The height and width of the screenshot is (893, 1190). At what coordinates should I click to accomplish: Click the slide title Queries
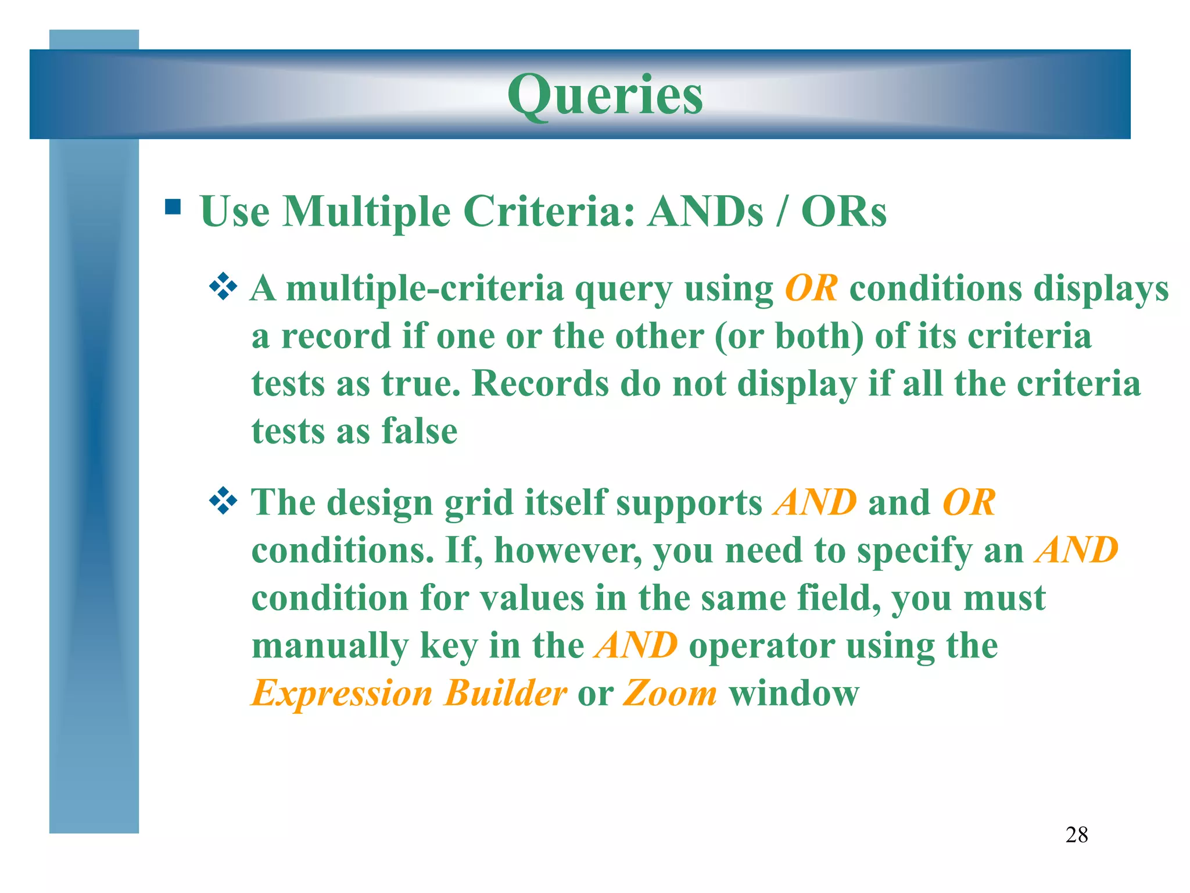pyautogui.click(x=605, y=95)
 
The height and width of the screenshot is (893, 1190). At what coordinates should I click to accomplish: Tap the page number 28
pyautogui.click(x=1076, y=835)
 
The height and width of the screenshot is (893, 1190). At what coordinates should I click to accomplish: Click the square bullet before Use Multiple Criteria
pyautogui.click(x=173, y=207)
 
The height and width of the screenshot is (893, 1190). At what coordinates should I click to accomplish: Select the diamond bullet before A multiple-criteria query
pyautogui.click(x=223, y=287)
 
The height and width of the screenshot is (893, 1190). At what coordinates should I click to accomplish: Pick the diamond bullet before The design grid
pyautogui.click(x=223, y=501)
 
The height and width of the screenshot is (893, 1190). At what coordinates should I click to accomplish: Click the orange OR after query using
pyautogui.click(x=811, y=288)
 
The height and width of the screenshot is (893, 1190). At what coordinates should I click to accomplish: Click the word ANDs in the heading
pyautogui.click(x=705, y=211)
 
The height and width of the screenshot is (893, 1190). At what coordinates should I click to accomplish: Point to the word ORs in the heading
pyautogui.click(x=844, y=211)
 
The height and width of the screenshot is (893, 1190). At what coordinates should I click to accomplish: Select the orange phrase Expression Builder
pyautogui.click(x=408, y=694)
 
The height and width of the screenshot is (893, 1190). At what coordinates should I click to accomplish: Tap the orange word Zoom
pyautogui.click(x=670, y=694)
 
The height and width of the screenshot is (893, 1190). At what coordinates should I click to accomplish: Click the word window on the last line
pyautogui.click(x=794, y=694)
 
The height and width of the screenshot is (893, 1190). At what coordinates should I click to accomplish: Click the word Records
pyautogui.click(x=540, y=384)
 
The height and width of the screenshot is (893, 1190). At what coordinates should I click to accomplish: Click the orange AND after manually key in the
pyautogui.click(x=636, y=645)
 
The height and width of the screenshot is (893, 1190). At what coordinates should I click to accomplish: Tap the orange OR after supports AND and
pyautogui.click(x=969, y=502)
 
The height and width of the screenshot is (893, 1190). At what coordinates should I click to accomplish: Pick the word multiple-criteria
pyautogui.click(x=425, y=289)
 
